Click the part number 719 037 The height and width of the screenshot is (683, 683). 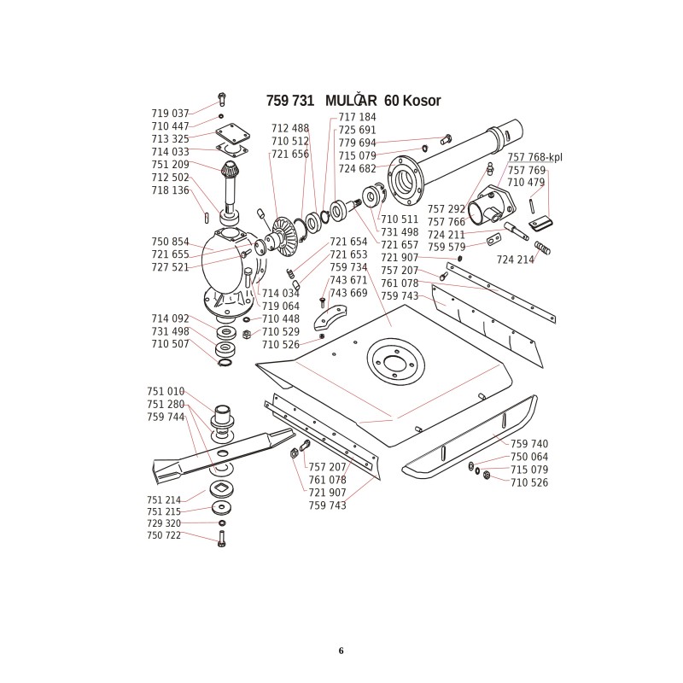pos(170,114)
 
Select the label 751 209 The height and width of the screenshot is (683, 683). pos(170,165)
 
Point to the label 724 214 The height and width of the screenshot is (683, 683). pos(515,259)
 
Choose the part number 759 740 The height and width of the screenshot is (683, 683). pos(529,444)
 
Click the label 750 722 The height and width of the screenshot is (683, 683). pos(164,535)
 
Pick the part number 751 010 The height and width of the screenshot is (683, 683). pos(166,392)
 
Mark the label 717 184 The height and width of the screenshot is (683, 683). pos(357,117)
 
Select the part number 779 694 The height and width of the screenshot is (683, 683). pos(357,143)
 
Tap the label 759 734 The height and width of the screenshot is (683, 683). pos(348,267)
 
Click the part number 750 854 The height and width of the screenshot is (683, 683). pos(170,242)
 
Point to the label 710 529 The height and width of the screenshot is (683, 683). pos(281,331)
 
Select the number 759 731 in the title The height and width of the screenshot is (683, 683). pos(291,101)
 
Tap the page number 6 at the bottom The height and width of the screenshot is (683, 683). pos(341,651)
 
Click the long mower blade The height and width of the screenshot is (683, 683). pos(222,452)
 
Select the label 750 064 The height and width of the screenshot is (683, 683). pos(529,457)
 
